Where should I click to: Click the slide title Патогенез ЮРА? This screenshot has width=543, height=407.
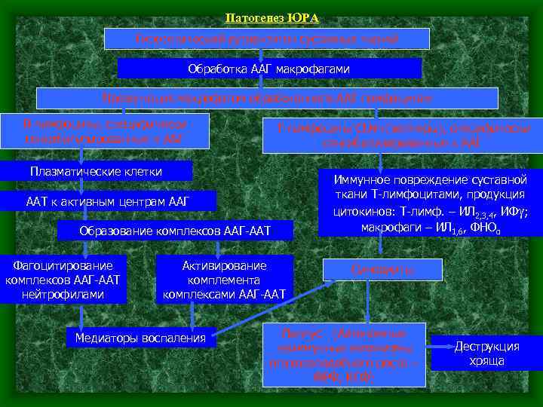click(x=271, y=17)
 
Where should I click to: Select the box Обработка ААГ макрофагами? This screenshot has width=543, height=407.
click(x=268, y=69)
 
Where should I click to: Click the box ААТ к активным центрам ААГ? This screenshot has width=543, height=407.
click(x=108, y=201)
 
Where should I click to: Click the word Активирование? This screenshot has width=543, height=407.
click(x=224, y=265)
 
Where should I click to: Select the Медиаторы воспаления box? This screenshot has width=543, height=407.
click(x=140, y=338)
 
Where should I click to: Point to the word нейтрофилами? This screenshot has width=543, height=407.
click(x=63, y=294)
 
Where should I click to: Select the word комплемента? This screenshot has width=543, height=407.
click(x=224, y=280)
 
